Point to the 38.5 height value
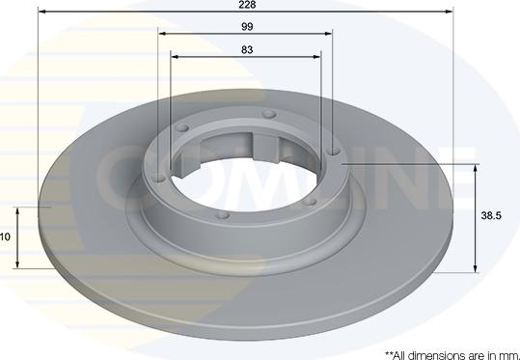pos(492,218)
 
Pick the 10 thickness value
pos(6,236)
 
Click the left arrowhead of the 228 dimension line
pos(41,13)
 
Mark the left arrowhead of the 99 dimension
pos(162,35)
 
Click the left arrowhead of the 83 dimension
pos(175,56)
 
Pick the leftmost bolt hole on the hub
pos(159,176)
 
